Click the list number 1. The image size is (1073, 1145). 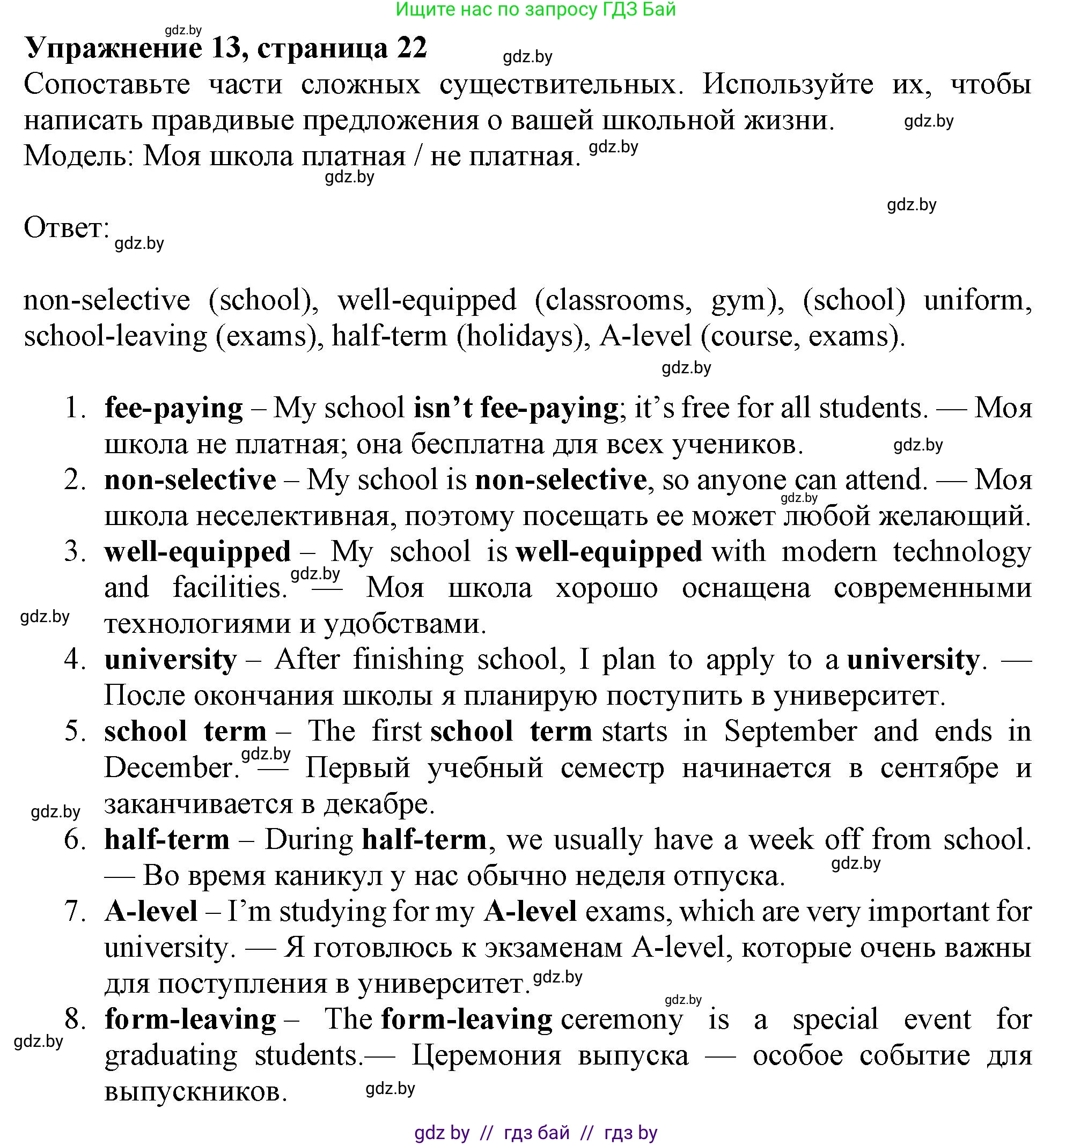[75, 408]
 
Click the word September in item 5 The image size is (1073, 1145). [790, 732]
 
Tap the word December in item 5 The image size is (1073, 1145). [171, 769]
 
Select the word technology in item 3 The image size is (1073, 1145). [962, 552]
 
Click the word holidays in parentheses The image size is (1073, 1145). [523, 336]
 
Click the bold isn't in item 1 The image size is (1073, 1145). [443, 408]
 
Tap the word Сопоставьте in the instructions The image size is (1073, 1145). [107, 85]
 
